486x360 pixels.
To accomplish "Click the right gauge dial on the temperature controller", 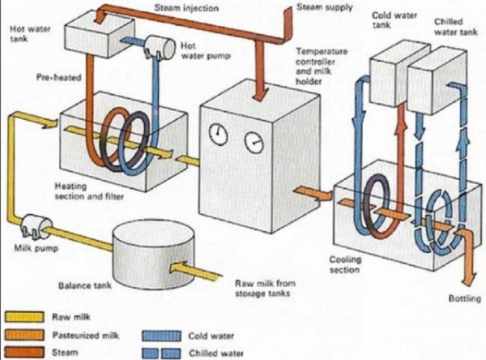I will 254,144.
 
